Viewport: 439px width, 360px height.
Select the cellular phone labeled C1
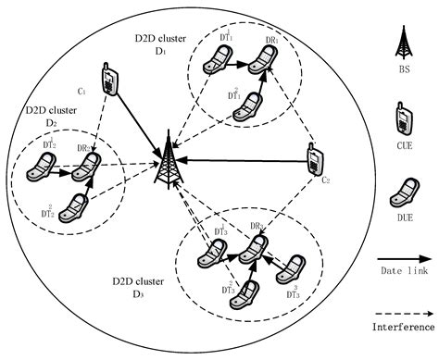(x=109, y=80)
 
